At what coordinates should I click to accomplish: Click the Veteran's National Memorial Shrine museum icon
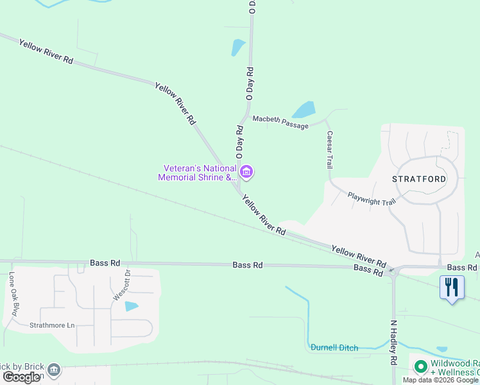point(246,172)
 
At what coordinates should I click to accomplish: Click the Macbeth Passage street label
point(280,121)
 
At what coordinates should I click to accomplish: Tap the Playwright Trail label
point(372,198)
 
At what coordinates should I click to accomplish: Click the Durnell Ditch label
point(334,347)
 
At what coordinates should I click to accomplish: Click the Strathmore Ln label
point(52,325)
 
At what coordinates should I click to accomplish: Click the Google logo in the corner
point(21,377)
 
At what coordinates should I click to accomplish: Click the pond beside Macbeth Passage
point(304,110)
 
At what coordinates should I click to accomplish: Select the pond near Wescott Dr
point(132,306)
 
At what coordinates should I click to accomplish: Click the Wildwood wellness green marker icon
point(421,367)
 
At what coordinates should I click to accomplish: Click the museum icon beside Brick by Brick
point(55,370)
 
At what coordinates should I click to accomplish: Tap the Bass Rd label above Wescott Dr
point(105,263)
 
